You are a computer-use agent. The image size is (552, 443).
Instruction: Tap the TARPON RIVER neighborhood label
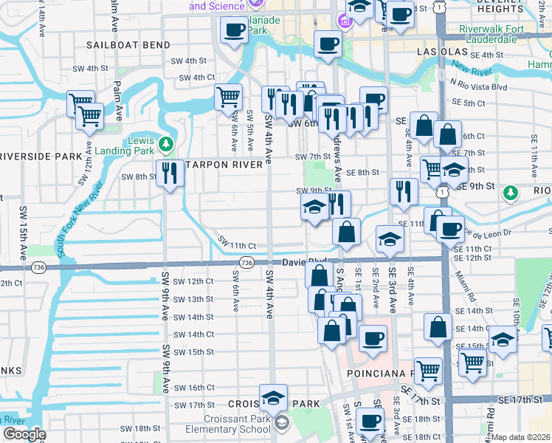[226, 165]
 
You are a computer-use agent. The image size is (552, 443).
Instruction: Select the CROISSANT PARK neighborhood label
[274, 404]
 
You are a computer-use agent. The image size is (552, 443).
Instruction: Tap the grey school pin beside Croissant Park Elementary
[281, 423]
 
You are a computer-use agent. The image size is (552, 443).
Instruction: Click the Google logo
[24, 434]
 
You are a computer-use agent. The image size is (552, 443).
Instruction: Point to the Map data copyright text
[521, 437]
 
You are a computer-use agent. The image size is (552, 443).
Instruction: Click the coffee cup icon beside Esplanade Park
[235, 30]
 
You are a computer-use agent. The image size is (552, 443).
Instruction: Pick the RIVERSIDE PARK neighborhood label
[40, 157]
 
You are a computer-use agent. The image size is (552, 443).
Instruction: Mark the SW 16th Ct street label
[194, 388]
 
